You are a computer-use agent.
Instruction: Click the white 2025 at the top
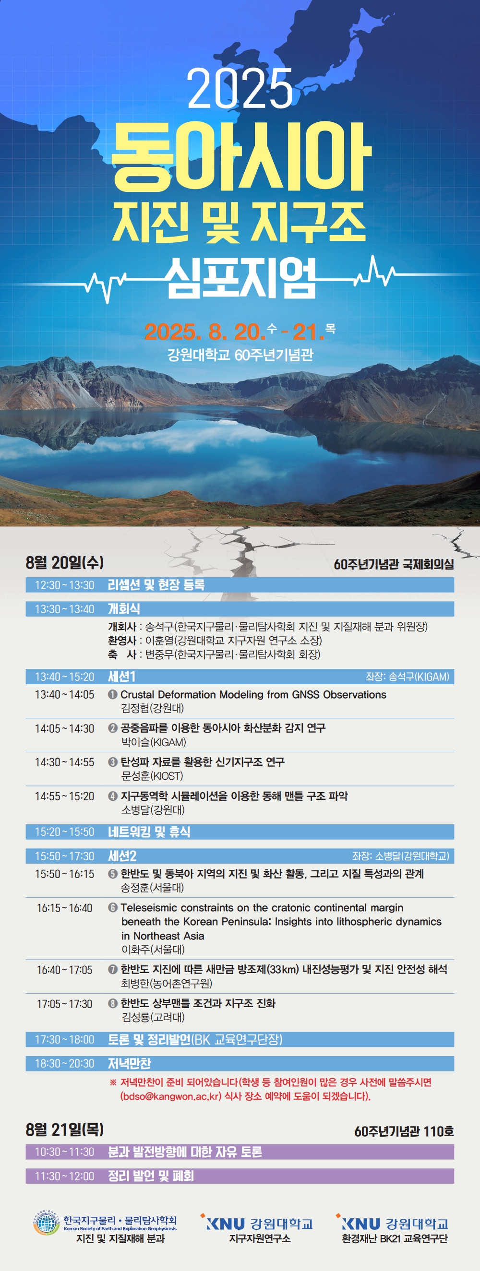240,88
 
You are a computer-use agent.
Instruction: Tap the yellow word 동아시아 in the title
241,156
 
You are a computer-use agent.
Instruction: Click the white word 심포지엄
240,278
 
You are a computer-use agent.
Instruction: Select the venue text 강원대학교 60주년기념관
240,355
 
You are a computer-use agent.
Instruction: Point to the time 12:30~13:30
64,585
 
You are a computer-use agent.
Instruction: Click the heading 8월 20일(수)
65,562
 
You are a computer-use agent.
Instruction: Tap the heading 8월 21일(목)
65,1129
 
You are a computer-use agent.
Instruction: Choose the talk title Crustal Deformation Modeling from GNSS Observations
253,695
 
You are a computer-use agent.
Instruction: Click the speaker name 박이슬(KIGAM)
154,742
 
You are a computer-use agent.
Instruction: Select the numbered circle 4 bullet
113,796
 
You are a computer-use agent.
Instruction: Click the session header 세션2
122,856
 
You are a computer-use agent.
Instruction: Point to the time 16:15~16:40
64,908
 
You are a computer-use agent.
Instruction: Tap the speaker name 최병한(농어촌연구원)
167,983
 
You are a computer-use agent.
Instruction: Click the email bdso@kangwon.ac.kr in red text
171,1096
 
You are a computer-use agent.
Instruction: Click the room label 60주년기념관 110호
404,1131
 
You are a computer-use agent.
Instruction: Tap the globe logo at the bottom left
47,1223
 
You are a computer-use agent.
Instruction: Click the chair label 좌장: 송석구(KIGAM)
408,677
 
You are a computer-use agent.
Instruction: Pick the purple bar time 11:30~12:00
64,1176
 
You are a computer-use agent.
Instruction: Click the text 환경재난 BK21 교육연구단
395,1238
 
